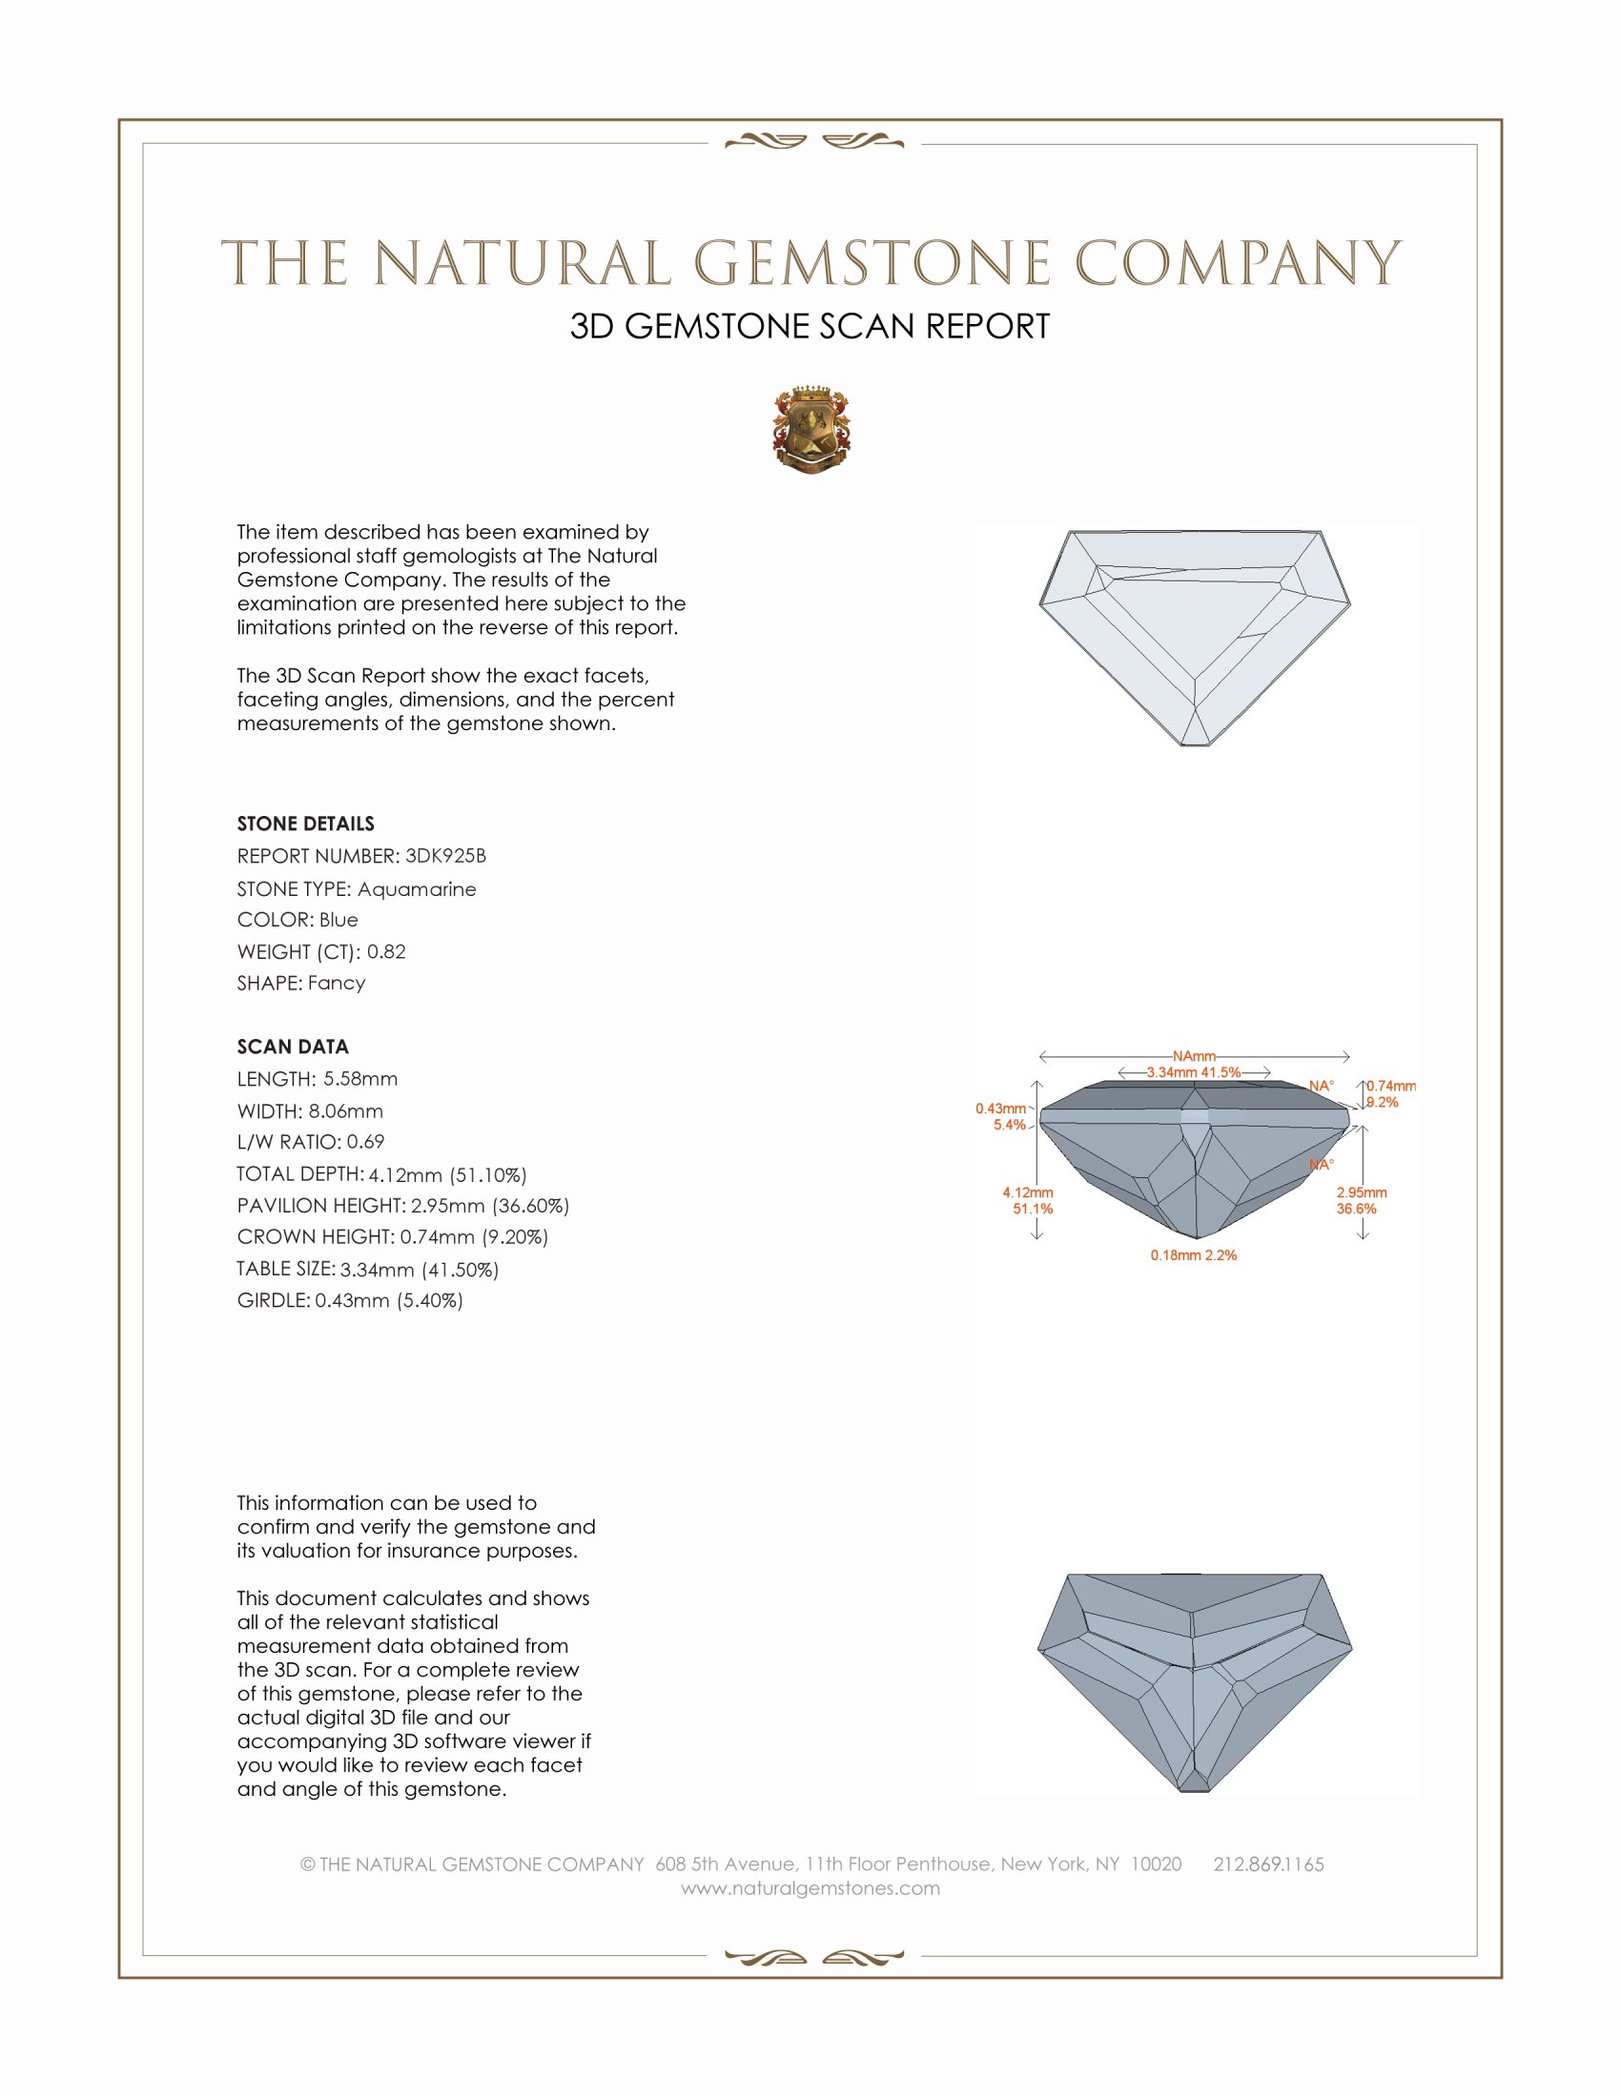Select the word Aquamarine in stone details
(x=417, y=889)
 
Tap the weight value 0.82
(x=386, y=951)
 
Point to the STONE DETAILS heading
(x=305, y=824)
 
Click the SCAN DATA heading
(x=293, y=1047)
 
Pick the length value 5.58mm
(x=360, y=1078)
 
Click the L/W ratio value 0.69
(x=365, y=1142)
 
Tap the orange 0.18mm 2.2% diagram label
(x=1194, y=1255)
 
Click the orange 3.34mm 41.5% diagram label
(x=1194, y=1072)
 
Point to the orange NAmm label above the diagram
(x=1194, y=1056)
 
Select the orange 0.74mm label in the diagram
(x=1391, y=1086)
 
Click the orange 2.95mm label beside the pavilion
(x=1362, y=1192)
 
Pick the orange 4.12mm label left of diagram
(x=1028, y=1192)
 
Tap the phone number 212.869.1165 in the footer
(x=1268, y=1863)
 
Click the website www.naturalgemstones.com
(x=810, y=1887)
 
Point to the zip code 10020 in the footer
(x=1157, y=1863)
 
